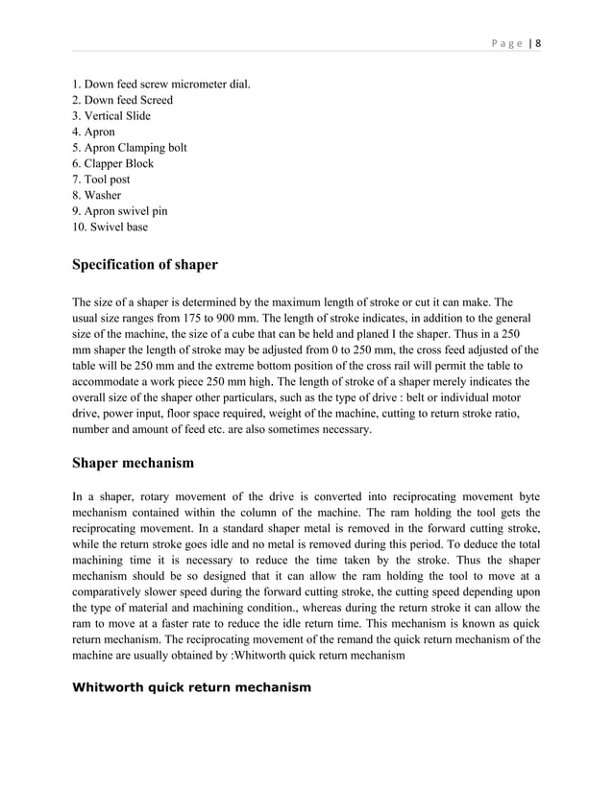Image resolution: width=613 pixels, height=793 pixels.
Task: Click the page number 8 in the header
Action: (x=538, y=42)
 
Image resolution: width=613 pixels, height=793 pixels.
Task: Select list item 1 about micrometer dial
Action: (x=161, y=84)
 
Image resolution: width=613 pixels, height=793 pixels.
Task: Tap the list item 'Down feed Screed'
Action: (x=123, y=100)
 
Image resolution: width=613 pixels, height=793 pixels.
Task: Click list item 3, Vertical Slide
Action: (x=111, y=116)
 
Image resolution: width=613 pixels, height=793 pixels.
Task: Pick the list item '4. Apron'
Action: (x=94, y=132)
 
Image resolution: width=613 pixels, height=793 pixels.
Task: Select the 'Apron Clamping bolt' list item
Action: (x=130, y=148)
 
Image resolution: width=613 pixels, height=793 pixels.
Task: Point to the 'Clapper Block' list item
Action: (x=113, y=163)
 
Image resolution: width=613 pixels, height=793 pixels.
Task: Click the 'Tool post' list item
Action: (x=102, y=180)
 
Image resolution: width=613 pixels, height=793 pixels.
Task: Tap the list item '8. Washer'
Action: (x=98, y=195)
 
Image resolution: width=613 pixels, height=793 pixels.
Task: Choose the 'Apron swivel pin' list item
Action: (x=120, y=211)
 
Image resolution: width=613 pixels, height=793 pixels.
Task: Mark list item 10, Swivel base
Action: (x=110, y=227)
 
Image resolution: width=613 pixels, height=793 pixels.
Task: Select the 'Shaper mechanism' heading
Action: (x=134, y=463)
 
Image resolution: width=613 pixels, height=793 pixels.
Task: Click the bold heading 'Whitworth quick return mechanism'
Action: (x=192, y=688)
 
